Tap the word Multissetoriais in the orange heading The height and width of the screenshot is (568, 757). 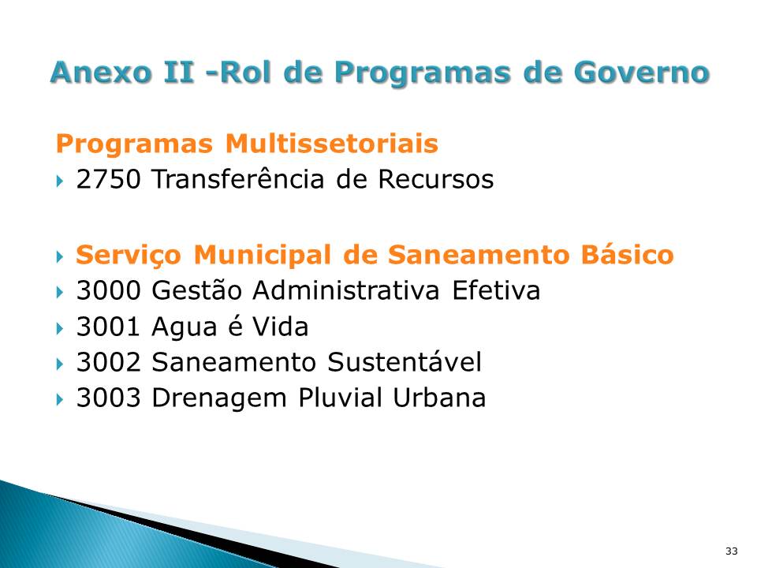point(331,144)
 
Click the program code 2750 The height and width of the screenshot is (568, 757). point(108,180)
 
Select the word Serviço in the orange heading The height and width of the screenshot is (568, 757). point(130,256)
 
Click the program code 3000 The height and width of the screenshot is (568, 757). point(108,291)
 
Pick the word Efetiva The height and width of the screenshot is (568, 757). point(496,291)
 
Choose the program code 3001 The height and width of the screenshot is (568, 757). point(108,327)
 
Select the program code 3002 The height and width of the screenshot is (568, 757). point(108,362)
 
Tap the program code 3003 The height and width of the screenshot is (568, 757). point(108,398)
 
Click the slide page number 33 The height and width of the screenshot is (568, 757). point(731,550)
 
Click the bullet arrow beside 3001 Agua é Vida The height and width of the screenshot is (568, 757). point(61,327)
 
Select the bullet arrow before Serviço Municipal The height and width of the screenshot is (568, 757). point(61,256)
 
